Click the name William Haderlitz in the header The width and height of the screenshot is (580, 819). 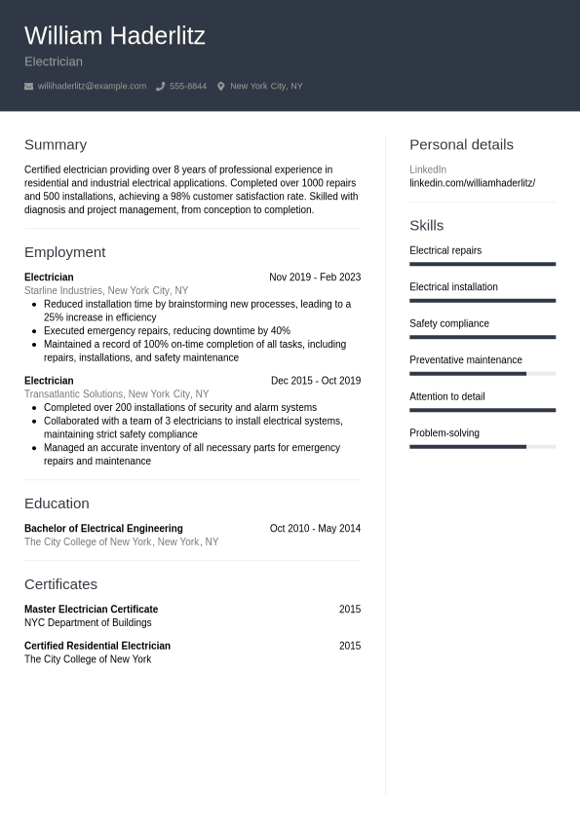(x=114, y=36)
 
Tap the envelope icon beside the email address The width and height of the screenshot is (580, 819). (x=28, y=87)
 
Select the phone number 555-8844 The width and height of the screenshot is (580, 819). (x=187, y=87)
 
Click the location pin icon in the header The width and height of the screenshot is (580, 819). (x=220, y=87)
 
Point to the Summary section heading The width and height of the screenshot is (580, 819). (x=55, y=144)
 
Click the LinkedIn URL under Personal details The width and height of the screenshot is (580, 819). (x=472, y=183)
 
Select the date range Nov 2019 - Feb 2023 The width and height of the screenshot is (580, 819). (x=314, y=278)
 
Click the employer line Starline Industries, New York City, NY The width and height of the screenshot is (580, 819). (x=105, y=290)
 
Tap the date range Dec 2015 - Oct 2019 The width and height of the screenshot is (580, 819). (x=315, y=381)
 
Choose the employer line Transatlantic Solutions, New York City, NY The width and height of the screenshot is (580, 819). (x=116, y=394)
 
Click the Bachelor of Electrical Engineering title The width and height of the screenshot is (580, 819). (x=103, y=529)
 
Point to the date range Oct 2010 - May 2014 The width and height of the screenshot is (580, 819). (x=314, y=529)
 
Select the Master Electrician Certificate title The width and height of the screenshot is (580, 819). (x=91, y=610)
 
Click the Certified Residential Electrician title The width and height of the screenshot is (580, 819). (x=97, y=646)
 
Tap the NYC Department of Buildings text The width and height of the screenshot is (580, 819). (x=88, y=622)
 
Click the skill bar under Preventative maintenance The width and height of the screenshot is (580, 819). (x=482, y=373)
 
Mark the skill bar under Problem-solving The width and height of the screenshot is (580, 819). (x=482, y=446)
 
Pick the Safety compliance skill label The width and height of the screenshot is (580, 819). (x=448, y=323)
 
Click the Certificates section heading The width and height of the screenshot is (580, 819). (x=60, y=584)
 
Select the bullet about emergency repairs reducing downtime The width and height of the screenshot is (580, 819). (x=167, y=331)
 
